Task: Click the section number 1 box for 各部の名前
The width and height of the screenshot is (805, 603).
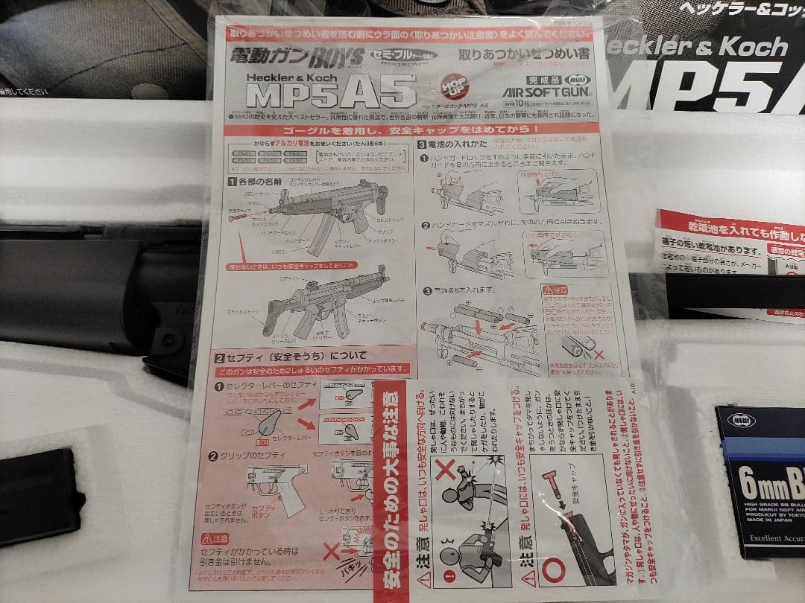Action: (232, 182)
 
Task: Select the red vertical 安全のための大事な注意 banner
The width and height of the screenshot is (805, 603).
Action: (389, 491)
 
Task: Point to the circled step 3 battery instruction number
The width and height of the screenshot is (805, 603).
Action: (427, 290)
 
